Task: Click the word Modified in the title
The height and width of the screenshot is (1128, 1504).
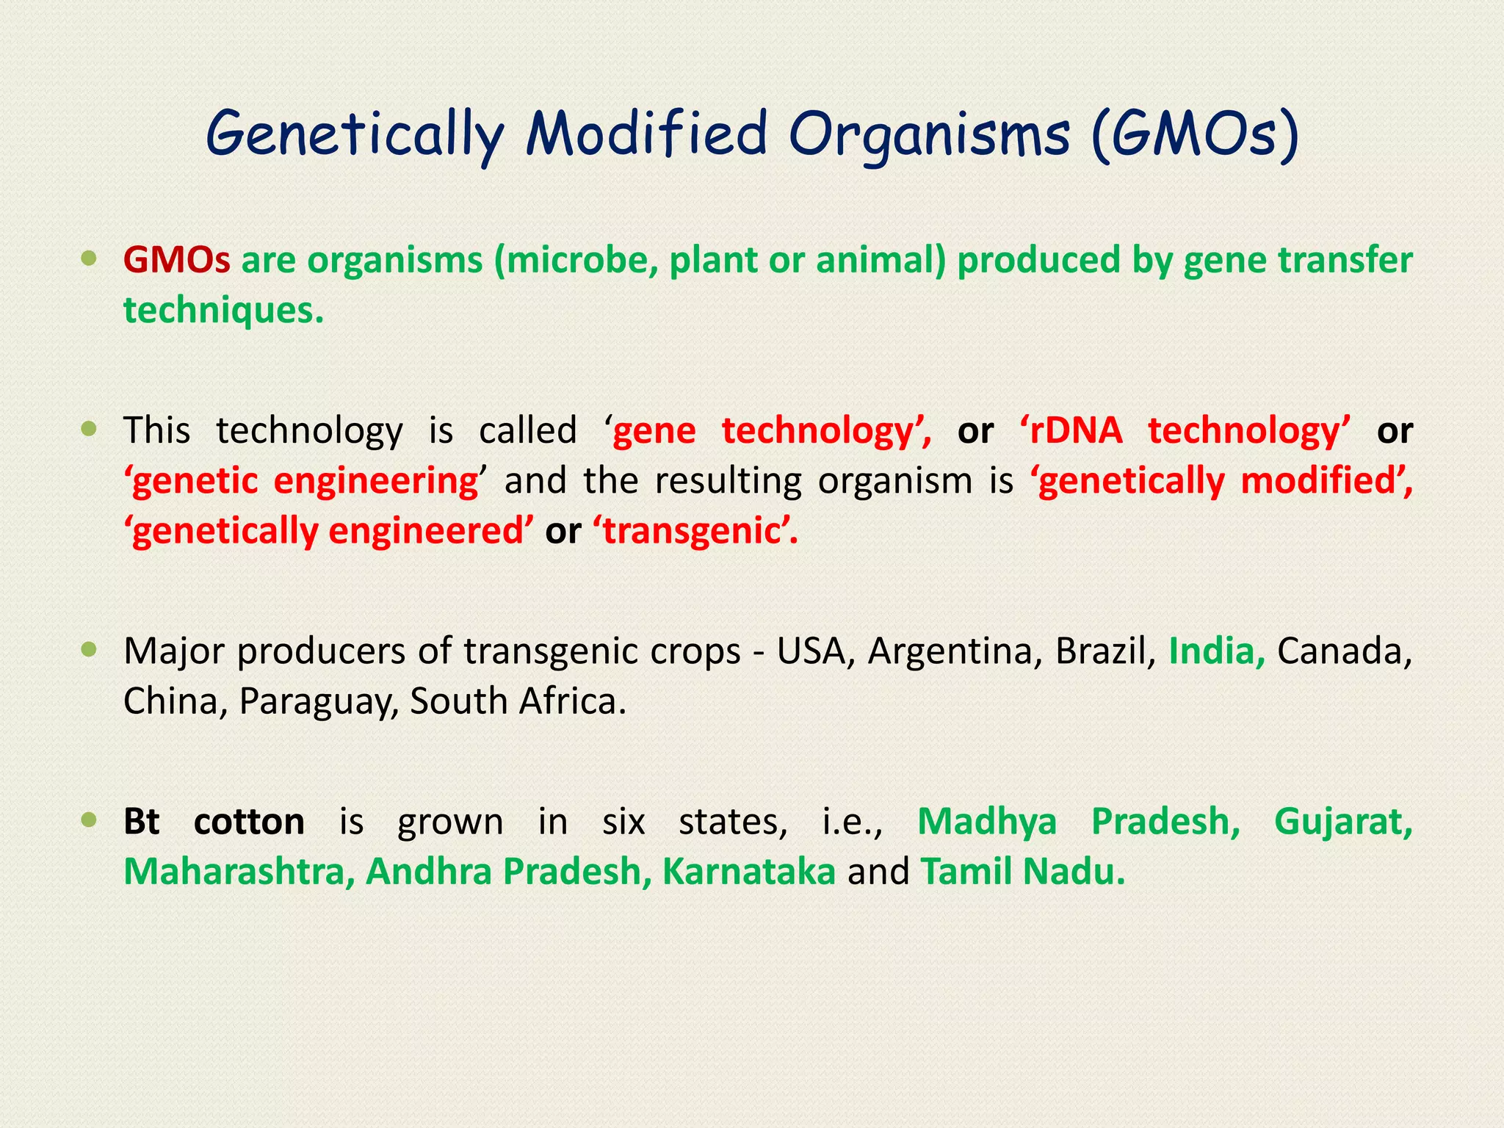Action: click(x=646, y=134)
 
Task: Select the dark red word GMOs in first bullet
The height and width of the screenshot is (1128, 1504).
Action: click(x=176, y=260)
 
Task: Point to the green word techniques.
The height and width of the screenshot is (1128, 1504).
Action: click(x=223, y=311)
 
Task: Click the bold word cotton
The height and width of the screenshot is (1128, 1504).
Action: click(x=249, y=822)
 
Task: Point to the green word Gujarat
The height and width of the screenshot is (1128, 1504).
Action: click(x=1342, y=822)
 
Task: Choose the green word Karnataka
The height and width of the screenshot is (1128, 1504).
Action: click(x=748, y=872)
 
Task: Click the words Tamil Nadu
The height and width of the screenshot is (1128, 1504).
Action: click(x=1022, y=872)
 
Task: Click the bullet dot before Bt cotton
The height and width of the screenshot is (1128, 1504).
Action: click(x=89, y=820)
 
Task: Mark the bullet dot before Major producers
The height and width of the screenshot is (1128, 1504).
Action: click(x=89, y=649)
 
